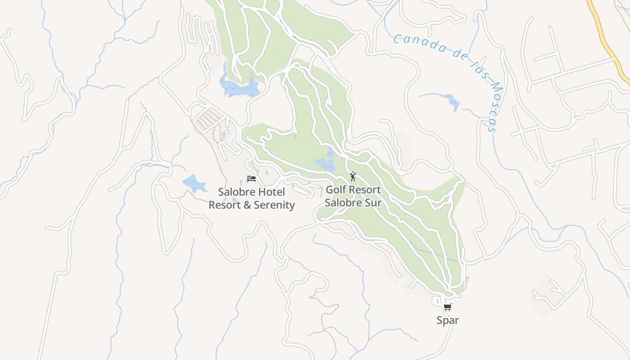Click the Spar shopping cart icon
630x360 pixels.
tap(447, 307)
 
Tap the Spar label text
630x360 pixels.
tap(448, 320)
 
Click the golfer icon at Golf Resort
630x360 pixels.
tap(353, 176)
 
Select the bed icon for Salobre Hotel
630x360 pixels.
tap(252, 179)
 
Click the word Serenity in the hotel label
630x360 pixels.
tap(274, 205)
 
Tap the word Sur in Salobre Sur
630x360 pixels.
tap(373, 202)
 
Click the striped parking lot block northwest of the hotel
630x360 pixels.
tap(207, 119)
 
